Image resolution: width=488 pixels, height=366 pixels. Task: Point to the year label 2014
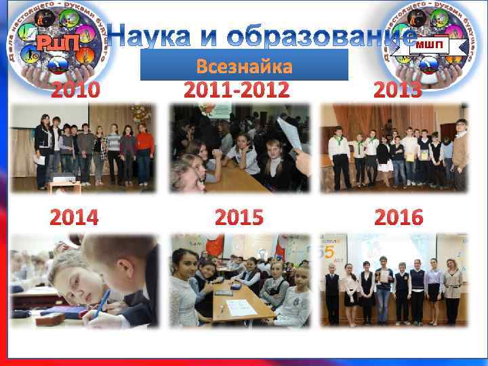[x=75, y=217]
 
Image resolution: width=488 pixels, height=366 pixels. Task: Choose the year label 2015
[x=238, y=217]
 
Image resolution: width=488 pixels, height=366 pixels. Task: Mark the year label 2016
[x=399, y=217]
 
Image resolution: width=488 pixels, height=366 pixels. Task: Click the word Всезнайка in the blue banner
[x=244, y=66]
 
